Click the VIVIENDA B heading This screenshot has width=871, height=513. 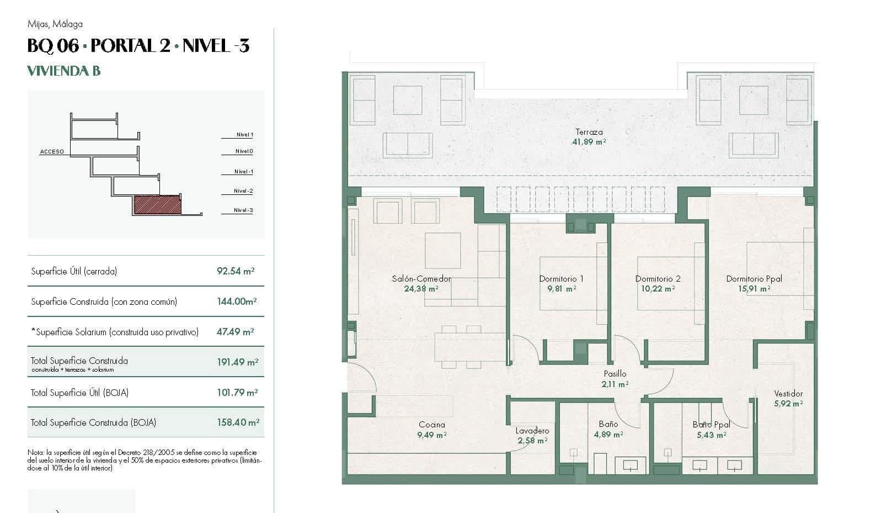pyautogui.click(x=63, y=71)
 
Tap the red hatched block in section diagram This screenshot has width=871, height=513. pyautogui.click(x=157, y=205)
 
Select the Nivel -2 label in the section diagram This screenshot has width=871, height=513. pyautogui.click(x=243, y=191)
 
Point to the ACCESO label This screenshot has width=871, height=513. pyautogui.click(x=52, y=151)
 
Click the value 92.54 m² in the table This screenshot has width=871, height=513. pyautogui.click(x=236, y=271)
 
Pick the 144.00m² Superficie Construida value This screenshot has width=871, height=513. pyautogui.click(x=237, y=302)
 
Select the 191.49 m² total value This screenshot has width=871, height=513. pyautogui.click(x=237, y=362)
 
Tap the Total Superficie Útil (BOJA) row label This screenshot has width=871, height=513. pyautogui.click(x=79, y=393)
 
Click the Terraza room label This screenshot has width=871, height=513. pyautogui.click(x=589, y=132)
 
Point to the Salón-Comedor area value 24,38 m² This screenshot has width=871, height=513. pyautogui.click(x=421, y=288)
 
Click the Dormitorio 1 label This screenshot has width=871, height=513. pyautogui.click(x=561, y=279)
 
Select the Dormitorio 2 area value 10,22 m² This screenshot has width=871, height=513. pyautogui.click(x=658, y=288)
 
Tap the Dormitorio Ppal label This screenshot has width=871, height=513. pyautogui.click(x=754, y=279)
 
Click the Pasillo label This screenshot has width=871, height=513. pyautogui.click(x=614, y=374)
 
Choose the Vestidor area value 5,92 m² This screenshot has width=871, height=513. pyautogui.click(x=788, y=404)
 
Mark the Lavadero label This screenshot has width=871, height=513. pyautogui.click(x=532, y=431)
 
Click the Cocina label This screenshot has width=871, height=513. pyautogui.click(x=431, y=425)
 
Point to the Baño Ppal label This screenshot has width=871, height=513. pyautogui.click(x=711, y=425)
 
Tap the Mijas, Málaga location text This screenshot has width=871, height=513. pyautogui.click(x=55, y=24)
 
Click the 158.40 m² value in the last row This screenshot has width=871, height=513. pyautogui.click(x=238, y=422)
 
